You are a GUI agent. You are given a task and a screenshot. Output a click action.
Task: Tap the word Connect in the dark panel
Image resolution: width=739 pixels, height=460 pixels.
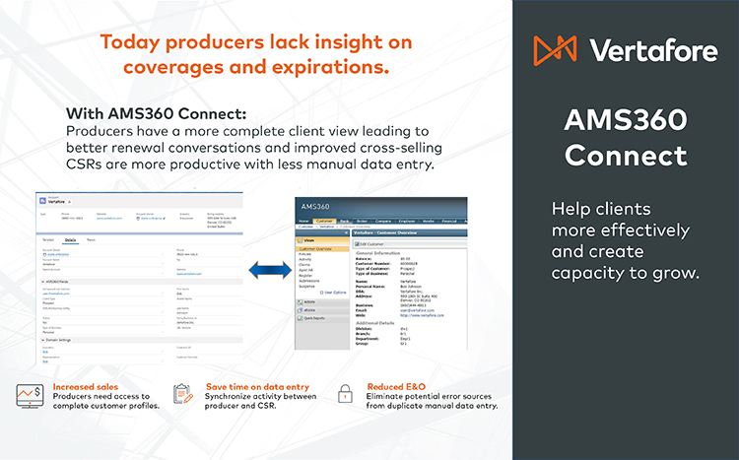[626, 155]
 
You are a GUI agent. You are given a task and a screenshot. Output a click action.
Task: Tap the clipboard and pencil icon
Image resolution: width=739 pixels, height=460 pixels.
[181, 395]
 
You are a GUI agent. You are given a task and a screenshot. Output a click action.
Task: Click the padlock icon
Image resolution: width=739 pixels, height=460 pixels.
[345, 395]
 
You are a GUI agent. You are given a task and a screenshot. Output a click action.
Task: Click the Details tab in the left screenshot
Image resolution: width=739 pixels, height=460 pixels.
[70, 239]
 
